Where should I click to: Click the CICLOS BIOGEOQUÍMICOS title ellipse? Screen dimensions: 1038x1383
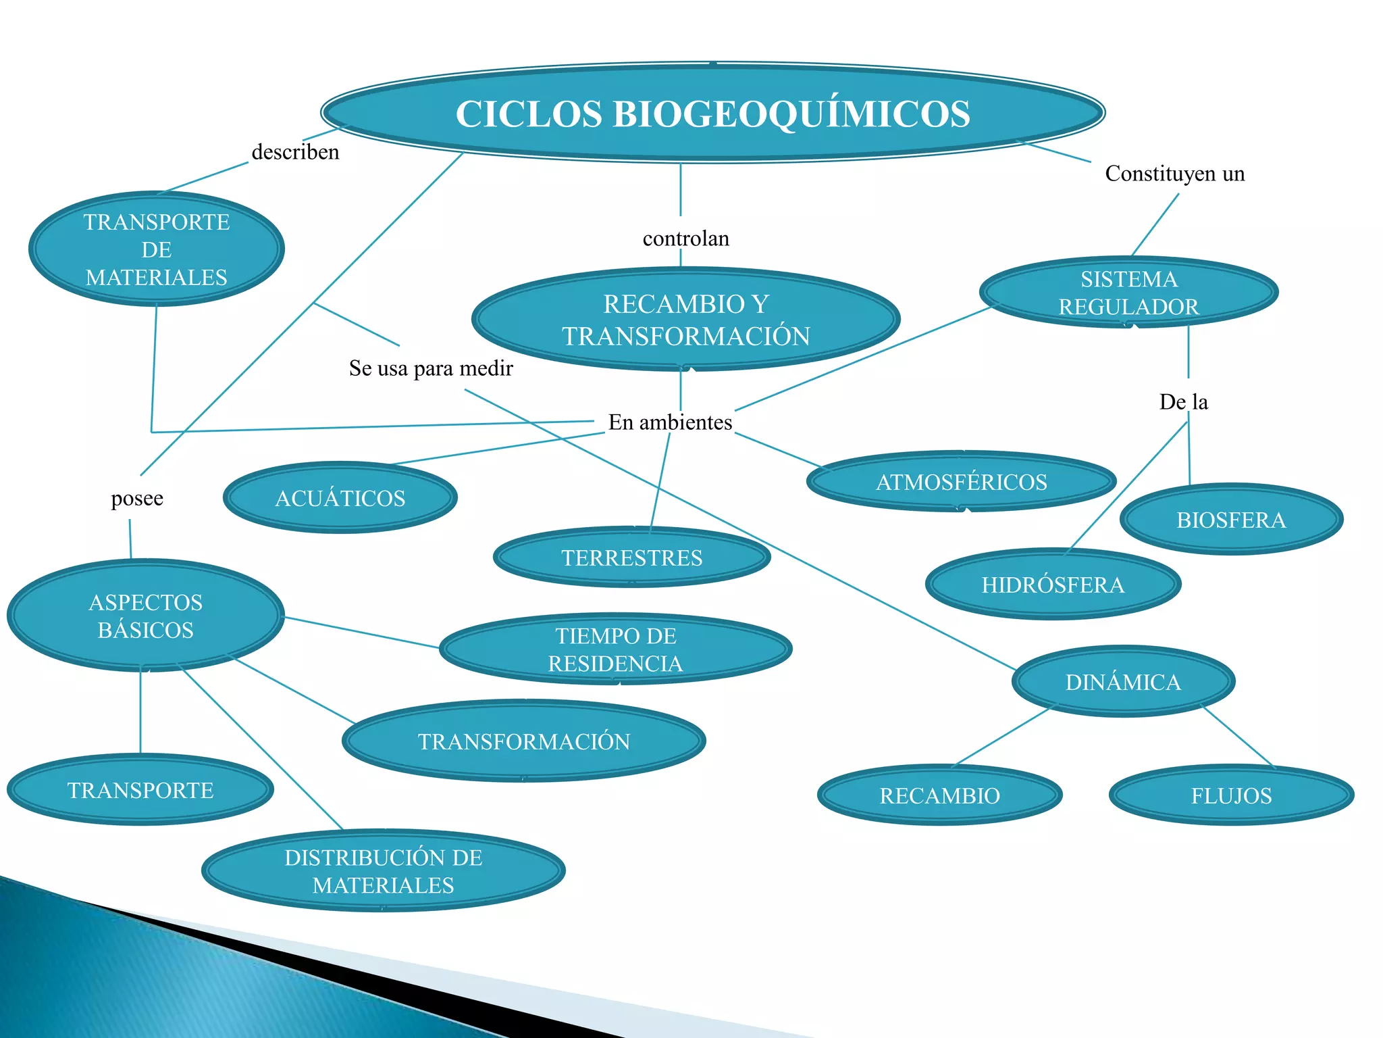click(712, 113)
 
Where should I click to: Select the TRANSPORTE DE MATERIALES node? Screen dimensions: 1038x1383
click(156, 249)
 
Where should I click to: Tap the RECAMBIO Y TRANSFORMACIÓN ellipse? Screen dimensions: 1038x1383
click(685, 320)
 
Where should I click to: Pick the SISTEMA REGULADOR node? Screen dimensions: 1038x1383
click(1128, 293)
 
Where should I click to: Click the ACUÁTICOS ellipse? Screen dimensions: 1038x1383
click(340, 498)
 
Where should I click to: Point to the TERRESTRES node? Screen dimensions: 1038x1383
click(631, 558)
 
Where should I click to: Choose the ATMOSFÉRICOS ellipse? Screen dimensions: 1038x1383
click(961, 482)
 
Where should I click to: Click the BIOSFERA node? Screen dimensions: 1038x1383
click(1231, 520)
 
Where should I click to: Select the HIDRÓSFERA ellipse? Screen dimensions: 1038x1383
click(1053, 585)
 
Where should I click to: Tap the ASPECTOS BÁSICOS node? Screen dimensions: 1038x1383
click(145, 616)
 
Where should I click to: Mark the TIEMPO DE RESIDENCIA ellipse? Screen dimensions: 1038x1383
click(615, 649)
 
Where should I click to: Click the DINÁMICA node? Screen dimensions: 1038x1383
click(1123, 682)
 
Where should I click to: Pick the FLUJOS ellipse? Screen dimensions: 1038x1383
click(1231, 795)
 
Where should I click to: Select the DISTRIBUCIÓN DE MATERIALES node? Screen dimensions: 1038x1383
click(383, 871)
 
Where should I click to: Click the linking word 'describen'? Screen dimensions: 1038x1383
click(295, 152)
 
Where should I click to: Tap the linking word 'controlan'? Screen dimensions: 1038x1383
click(685, 239)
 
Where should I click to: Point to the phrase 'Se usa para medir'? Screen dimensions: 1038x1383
click(431, 368)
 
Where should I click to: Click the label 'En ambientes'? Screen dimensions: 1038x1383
click(670, 422)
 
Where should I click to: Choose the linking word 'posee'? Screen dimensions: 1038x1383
click(137, 499)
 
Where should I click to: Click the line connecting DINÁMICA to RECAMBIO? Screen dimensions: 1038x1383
click(1003, 737)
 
